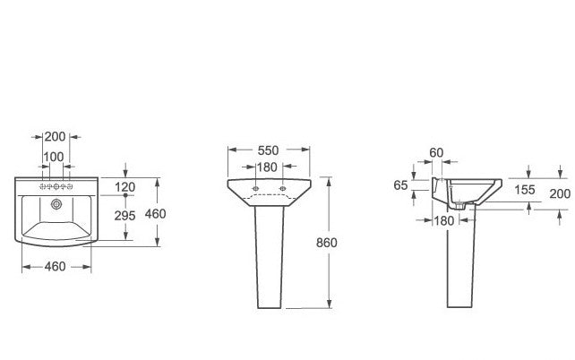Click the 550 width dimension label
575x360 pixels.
click(x=268, y=150)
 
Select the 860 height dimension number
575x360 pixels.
click(x=326, y=243)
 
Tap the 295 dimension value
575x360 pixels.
click(x=124, y=216)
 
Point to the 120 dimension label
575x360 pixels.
click(x=125, y=187)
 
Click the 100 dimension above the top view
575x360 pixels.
click(x=54, y=157)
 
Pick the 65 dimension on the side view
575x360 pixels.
click(x=400, y=185)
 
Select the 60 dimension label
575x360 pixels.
click(x=436, y=152)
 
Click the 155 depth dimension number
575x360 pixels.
click(x=525, y=190)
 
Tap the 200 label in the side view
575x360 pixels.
click(x=560, y=193)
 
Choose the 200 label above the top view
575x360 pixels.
click(x=55, y=137)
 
